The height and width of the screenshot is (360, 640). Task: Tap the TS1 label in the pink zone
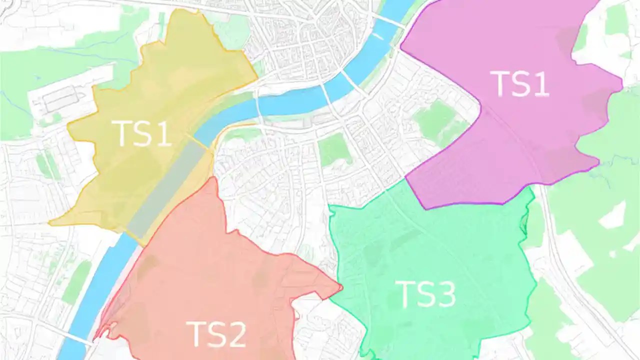pos(520,84)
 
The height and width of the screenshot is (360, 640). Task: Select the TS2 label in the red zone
pos(216,334)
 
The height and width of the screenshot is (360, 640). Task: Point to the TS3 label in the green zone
pos(425,294)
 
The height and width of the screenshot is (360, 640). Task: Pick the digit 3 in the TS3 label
pos(444,294)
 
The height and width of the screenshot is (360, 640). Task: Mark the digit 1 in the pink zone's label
pos(540,84)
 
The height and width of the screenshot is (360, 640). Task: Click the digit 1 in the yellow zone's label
pos(163,133)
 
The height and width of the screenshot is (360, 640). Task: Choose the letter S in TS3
pos(425,294)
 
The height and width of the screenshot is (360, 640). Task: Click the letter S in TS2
pos(216,334)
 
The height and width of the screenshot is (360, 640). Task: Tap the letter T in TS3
pos(405,294)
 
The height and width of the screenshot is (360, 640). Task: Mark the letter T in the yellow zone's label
pos(124,133)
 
